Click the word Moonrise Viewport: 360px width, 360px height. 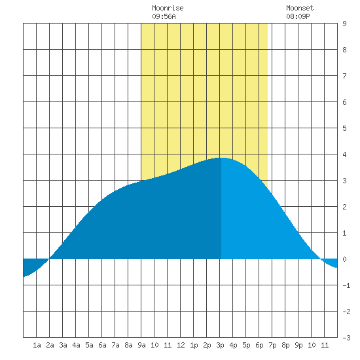[x=168, y=8]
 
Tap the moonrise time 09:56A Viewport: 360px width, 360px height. [x=164, y=16]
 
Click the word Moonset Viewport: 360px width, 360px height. [x=300, y=8]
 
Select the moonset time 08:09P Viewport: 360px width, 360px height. [x=298, y=16]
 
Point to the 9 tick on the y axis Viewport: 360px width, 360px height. [x=344, y=24]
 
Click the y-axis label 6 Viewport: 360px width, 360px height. [x=344, y=102]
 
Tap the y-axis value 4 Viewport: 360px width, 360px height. [x=344, y=154]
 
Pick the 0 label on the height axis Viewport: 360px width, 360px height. [x=344, y=259]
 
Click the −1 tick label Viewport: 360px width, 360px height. [x=346, y=285]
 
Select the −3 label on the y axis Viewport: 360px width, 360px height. [x=346, y=338]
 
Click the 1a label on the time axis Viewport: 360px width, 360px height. [x=37, y=345]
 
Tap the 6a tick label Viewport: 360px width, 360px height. [x=102, y=345]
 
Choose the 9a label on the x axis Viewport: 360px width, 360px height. [x=141, y=345]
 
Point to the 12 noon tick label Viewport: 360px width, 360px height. [x=181, y=345]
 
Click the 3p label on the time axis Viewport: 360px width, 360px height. [x=220, y=345]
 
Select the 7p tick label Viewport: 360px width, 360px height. [x=272, y=345]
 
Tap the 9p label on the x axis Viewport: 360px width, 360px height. [x=298, y=345]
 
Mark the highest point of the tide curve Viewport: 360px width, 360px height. [x=221, y=158]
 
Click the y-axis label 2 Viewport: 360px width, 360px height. [x=344, y=207]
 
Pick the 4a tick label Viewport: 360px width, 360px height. [x=76, y=345]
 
